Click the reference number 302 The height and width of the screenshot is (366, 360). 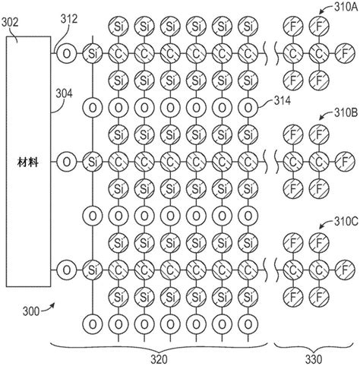coord(10,23)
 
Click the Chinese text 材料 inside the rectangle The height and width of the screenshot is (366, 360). coord(28,162)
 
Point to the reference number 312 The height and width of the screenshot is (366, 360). coord(69,19)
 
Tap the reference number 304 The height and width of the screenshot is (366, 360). coord(64,93)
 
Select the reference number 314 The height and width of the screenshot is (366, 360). coord(282,101)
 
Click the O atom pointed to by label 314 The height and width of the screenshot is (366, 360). coord(248,108)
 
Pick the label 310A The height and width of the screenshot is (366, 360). coord(346,7)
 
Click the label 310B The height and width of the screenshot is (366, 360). coord(346,113)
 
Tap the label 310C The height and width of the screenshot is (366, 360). coord(346,222)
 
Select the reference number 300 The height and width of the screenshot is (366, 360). coord(31,311)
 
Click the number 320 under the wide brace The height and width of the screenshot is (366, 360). coord(159,359)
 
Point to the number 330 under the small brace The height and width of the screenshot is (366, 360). coord(314,359)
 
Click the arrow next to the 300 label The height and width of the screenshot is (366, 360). coord(48,308)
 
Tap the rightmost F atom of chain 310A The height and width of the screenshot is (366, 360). coord(345,53)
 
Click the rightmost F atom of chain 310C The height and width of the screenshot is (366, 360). coord(345,270)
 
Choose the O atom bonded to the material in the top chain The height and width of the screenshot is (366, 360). coord(66,53)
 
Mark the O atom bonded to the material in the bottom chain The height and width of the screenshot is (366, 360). coord(66,270)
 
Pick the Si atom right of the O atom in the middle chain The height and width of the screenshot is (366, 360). coord(93,162)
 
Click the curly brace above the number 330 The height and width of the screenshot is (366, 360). coord(314,348)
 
